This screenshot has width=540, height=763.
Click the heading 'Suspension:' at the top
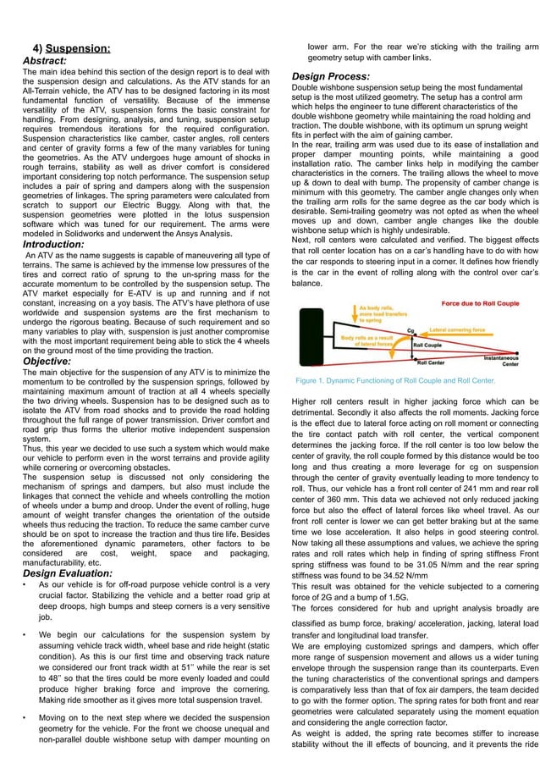[77, 48]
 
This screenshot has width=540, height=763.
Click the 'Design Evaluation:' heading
[67, 573]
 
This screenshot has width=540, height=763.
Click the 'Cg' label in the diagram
[411, 331]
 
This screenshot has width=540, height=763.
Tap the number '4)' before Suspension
[38, 48]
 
